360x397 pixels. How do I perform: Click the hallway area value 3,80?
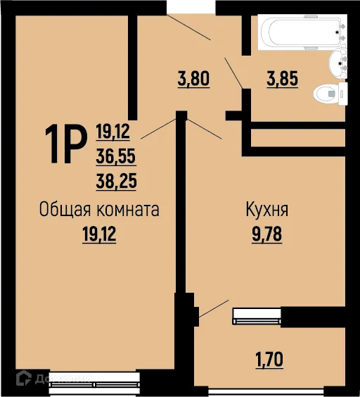point(194,79)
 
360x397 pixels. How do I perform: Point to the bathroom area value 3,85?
point(282,79)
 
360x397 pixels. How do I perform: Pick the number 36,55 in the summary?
point(116,156)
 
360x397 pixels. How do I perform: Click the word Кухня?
point(266,210)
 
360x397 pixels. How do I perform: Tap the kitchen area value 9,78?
point(266,234)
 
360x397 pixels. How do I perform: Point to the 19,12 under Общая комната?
point(99,234)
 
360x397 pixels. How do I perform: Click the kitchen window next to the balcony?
point(257,316)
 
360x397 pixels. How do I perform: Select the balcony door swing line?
point(214,310)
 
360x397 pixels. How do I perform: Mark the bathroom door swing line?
point(234,72)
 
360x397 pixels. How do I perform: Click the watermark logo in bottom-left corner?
point(24,379)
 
